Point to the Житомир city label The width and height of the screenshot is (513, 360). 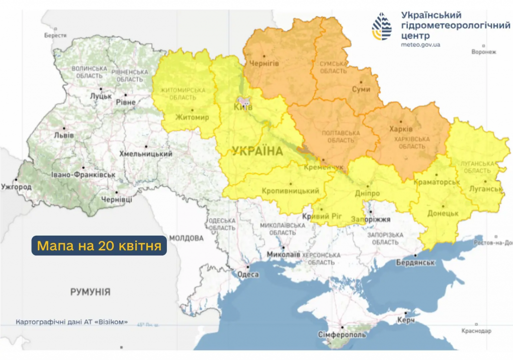click(192, 117)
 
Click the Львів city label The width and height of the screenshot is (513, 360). click(64, 135)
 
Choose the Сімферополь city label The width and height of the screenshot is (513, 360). click(341, 334)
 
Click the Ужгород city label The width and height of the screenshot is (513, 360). click(17, 187)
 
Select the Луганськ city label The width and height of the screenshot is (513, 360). click(485, 189)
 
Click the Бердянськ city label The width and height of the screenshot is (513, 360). click(415, 262)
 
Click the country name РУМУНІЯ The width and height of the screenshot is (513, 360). click(90, 292)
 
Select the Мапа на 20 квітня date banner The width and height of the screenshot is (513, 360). click(99, 246)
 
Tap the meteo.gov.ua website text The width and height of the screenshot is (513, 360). click(421, 45)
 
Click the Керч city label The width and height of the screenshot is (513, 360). click(405, 319)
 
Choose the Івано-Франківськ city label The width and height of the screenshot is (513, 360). click(83, 175)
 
